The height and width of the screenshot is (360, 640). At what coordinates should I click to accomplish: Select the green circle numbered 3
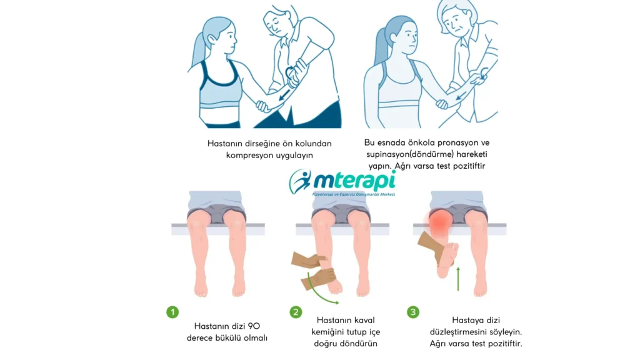413,311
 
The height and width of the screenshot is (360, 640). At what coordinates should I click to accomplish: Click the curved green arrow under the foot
325,294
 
